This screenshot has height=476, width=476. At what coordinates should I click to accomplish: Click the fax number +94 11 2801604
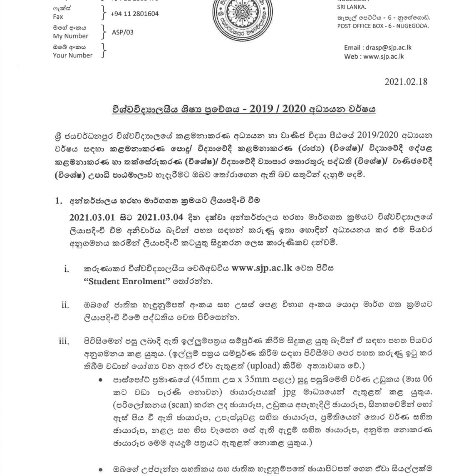(x=134, y=14)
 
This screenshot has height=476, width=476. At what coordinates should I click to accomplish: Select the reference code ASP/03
(x=123, y=32)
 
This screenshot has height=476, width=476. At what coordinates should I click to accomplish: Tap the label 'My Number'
(x=70, y=36)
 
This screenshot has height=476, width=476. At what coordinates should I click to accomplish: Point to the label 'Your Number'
(x=72, y=55)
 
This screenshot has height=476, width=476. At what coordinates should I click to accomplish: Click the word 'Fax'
(x=58, y=17)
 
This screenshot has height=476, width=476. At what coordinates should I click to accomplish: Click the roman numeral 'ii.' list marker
(x=65, y=305)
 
